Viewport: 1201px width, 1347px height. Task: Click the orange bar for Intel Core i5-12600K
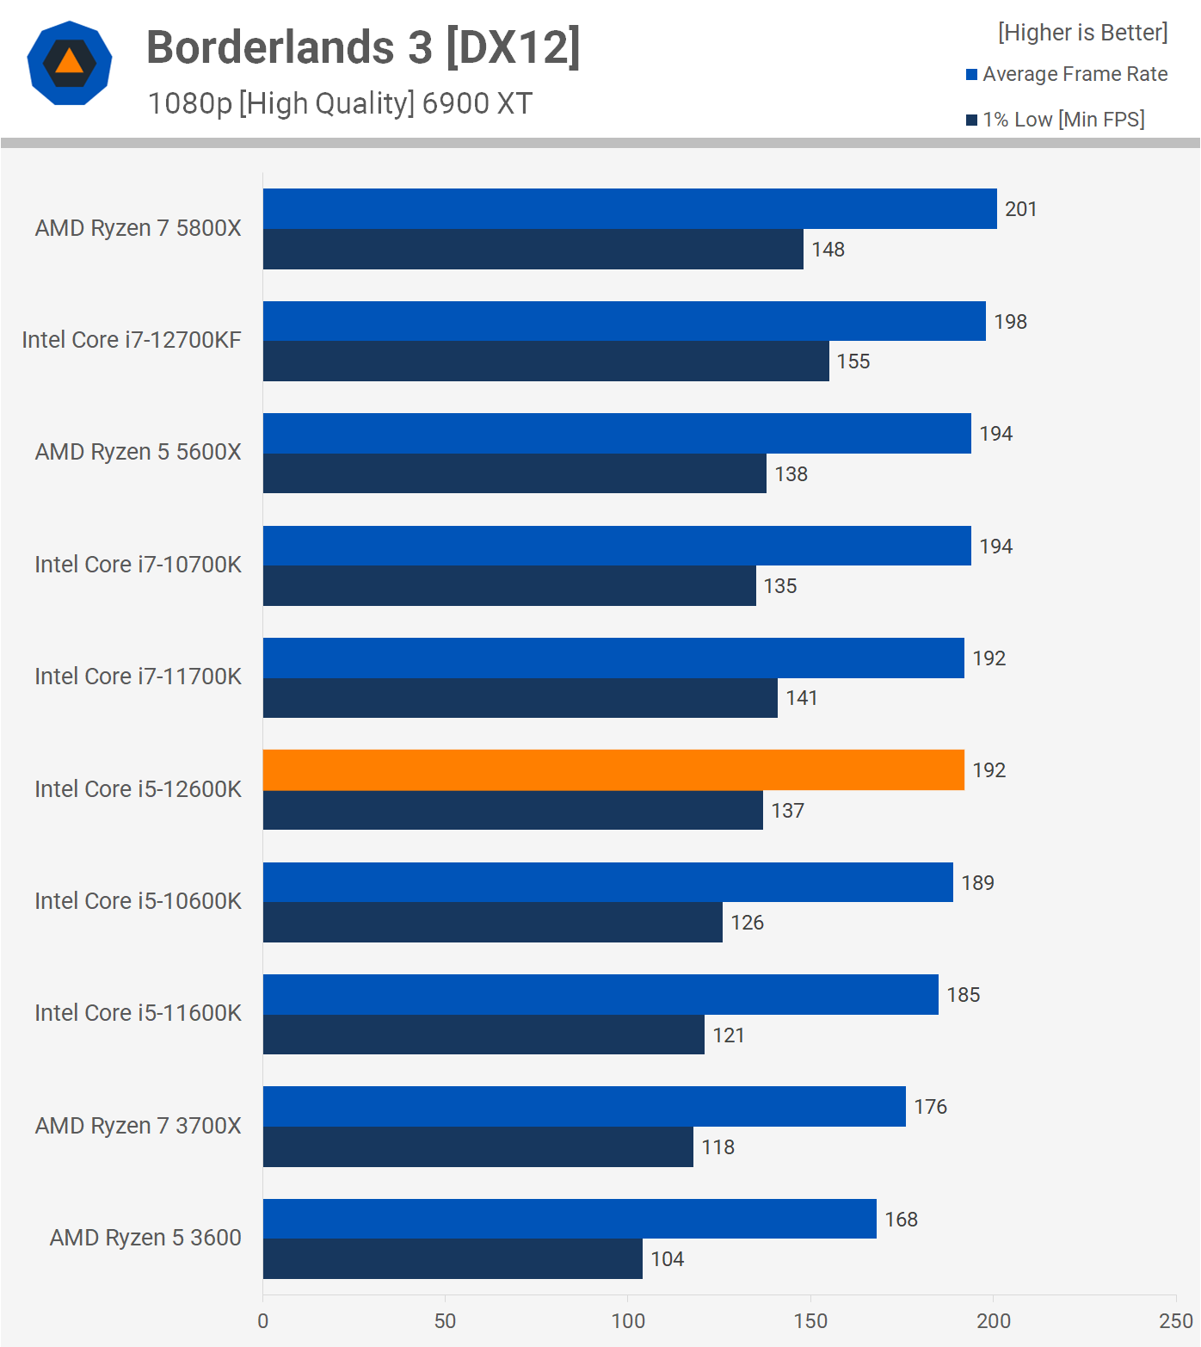(x=613, y=770)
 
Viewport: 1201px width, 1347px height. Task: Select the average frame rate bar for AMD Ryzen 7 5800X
(x=630, y=209)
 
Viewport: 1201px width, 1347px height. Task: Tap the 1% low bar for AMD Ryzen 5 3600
(x=453, y=1259)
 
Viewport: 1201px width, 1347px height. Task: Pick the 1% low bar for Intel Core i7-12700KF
(x=546, y=361)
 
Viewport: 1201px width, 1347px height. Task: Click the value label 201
(x=1021, y=209)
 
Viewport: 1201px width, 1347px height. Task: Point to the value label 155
(x=853, y=361)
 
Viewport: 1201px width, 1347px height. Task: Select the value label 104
(x=668, y=1259)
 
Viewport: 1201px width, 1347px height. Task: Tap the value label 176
(x=930, y=1107)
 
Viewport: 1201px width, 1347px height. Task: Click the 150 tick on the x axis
(x=810, y=1321)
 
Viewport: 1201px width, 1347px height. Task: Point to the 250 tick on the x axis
(x=1175, y=1321)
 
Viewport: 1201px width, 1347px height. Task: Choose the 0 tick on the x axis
(x=263, y=1321)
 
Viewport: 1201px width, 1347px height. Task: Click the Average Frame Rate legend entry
(x=1067, y=75)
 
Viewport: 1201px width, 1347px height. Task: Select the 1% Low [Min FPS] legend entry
(x=1056, y=120)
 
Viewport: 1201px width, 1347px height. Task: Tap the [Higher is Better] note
(x=1082, y=33)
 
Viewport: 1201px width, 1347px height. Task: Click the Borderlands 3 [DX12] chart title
(x=363, y=47)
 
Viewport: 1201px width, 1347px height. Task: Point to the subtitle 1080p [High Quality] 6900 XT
(x=340, y=103)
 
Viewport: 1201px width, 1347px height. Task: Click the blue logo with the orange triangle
(x=70, y=63)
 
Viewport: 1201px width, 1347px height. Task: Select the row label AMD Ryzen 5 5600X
(x=138, y=453)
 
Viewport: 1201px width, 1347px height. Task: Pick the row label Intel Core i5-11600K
(x=138, y=1013)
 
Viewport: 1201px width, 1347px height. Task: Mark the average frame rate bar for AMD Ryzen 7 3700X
(x=584, y=1107)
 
